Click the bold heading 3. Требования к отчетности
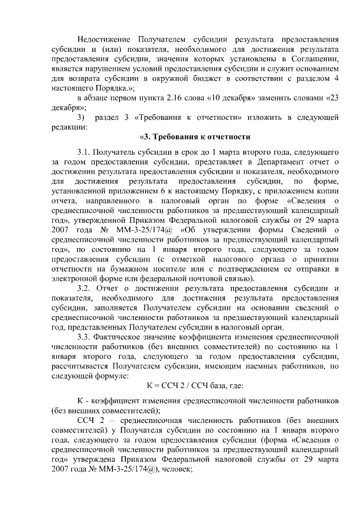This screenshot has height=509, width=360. (194, 137)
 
